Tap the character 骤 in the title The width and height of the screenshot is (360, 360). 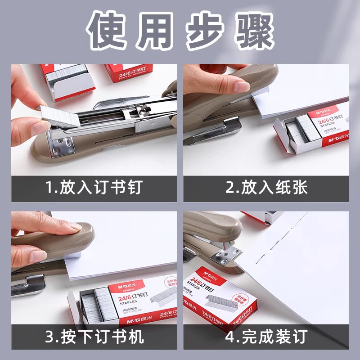coord(252,32)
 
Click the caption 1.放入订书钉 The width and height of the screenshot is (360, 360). coord(97,188)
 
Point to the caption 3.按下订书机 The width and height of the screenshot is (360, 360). coord(97,336)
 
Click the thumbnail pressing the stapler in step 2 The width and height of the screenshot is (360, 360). coord(242,86)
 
